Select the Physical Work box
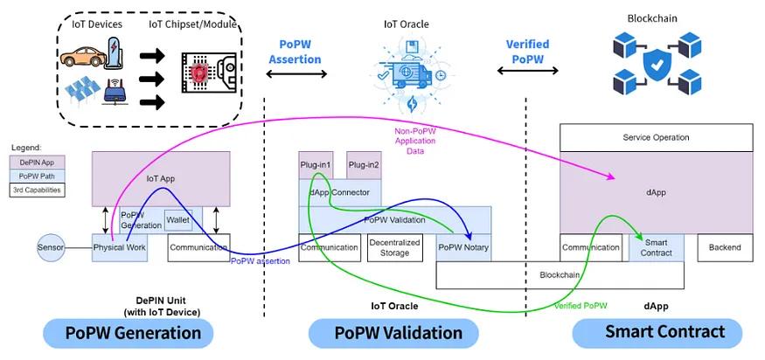click(x=120, y=247)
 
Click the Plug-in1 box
click(x=316, y=165)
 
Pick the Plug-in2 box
click(x=364, y=165)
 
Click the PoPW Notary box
click(x=463, y=247)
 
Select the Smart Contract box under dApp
click(x=657, y=247)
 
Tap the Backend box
click(x=725, y=247)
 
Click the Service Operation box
click(x=656, y=137)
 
